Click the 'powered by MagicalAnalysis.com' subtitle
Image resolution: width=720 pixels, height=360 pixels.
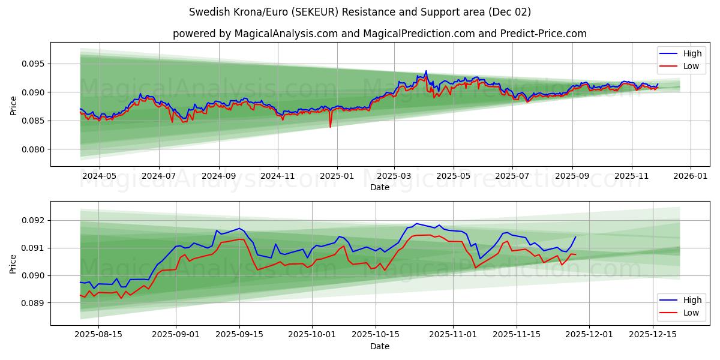(379, 34)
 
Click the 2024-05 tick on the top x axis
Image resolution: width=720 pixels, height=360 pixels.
(99, 176)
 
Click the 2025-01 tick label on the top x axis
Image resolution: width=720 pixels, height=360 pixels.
(337, 176)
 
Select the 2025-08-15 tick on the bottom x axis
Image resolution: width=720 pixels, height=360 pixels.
(98, 335)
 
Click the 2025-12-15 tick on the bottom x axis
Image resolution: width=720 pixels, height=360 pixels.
(653, 335)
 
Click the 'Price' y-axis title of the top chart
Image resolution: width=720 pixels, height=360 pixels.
(14, 104)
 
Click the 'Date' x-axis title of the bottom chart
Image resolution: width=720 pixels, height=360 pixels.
(379, 346)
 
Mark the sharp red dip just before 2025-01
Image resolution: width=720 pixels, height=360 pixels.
(330, 127)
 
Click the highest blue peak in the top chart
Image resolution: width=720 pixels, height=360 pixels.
(426, 71)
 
